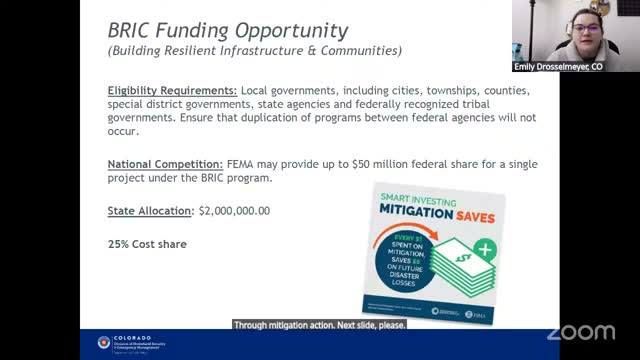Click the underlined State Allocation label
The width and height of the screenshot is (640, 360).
(x=150, y=211)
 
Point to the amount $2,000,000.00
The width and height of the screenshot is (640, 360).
(x=235, y=211)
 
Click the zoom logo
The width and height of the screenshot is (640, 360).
(x=582, y=332)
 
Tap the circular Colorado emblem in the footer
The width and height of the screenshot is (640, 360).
(x=103, y=343)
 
